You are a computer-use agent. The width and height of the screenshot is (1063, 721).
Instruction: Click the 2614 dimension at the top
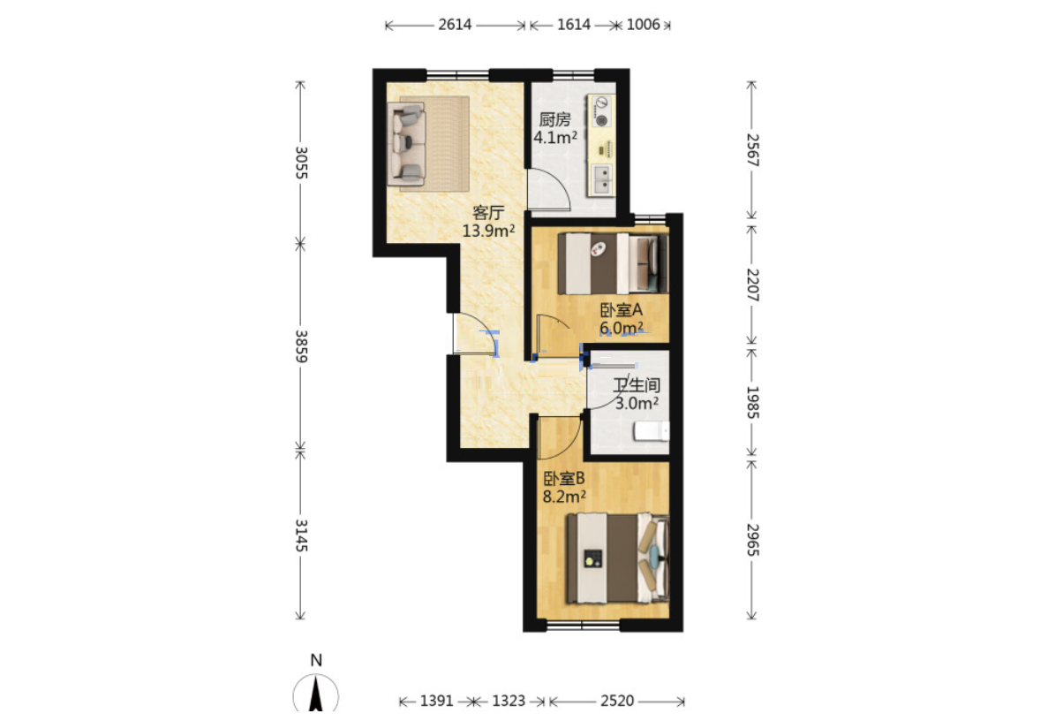455,25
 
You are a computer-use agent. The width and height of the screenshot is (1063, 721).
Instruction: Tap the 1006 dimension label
643,25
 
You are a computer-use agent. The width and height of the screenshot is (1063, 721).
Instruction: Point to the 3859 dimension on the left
301,346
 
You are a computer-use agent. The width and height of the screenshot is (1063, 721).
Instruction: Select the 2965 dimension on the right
752,540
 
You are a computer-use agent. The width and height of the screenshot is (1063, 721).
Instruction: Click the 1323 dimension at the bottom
509,701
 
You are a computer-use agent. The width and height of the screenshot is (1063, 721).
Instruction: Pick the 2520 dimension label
617,701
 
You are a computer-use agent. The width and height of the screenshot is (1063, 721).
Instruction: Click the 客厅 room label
488,212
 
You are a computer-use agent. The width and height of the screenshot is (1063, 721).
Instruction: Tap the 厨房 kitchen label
554,119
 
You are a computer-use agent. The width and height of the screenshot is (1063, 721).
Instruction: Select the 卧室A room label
622,310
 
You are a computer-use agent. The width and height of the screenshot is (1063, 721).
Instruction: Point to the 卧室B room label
564,478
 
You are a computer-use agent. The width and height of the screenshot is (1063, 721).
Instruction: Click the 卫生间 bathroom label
637,385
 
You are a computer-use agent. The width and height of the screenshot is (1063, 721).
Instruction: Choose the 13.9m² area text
488,231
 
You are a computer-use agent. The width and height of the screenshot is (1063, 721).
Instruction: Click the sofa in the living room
406,144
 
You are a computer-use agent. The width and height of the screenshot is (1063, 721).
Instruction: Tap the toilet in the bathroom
652,431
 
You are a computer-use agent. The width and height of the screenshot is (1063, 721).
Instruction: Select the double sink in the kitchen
602,180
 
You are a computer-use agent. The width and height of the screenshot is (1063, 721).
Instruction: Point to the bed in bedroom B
618,558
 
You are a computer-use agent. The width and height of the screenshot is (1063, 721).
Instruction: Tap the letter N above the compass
316,660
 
